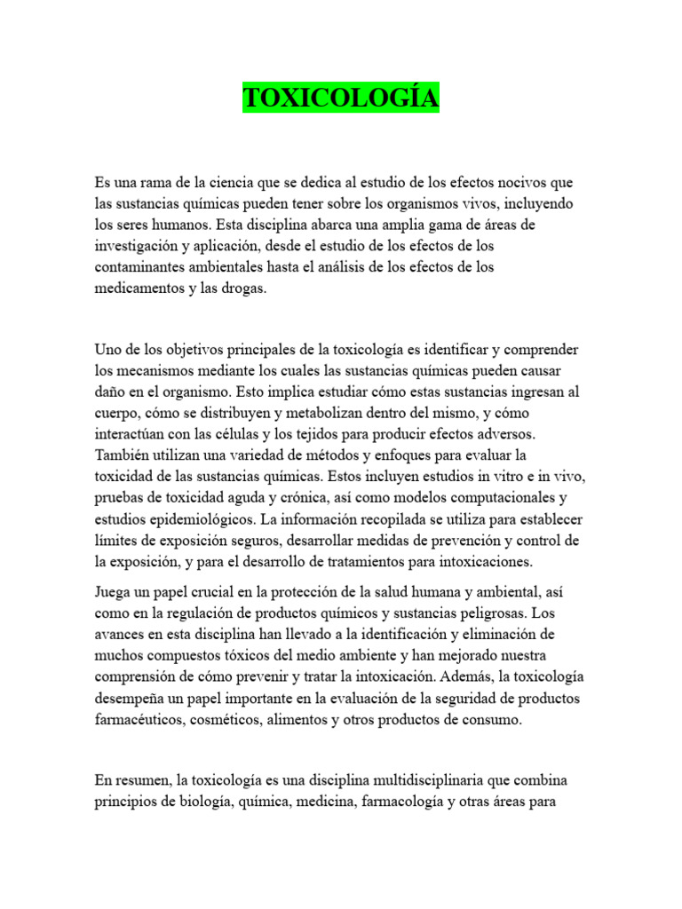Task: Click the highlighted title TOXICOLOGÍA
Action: pos(341,99)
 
